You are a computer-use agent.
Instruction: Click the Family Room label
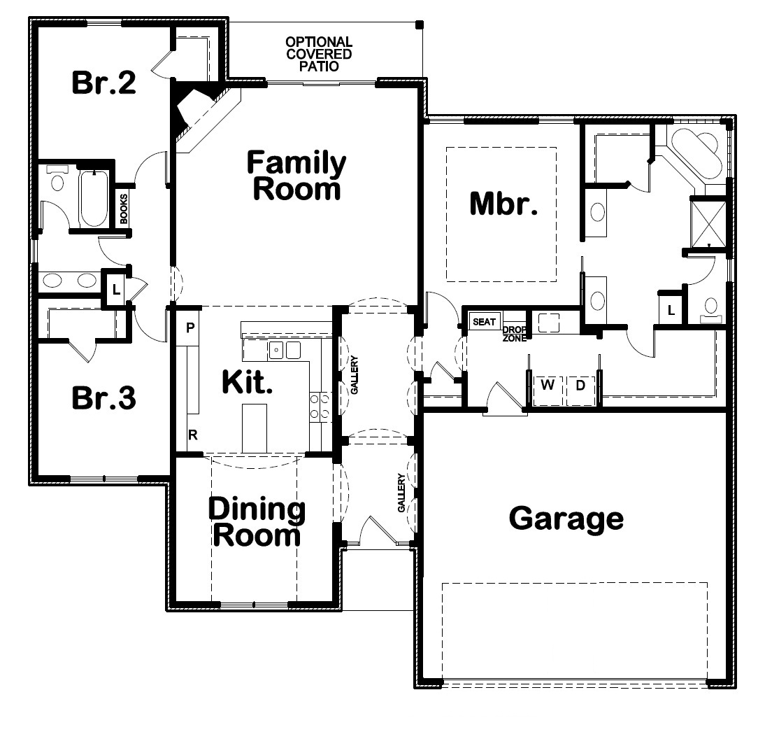tap(296, 175)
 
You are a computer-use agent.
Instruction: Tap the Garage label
tap(566, 519)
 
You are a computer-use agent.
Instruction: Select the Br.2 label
tap(104, 83)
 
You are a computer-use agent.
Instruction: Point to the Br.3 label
tap(104, 397)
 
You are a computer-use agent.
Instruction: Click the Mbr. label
tap(503, 203)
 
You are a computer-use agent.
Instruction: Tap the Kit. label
tap(247, 381)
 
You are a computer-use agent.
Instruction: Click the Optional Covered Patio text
tap(319, 54)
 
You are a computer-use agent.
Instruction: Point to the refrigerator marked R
tap(193, 435)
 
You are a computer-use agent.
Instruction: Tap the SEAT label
tap(484, 322)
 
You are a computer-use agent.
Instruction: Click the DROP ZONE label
tap(515, 334)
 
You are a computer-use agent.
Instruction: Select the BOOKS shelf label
tap(124, 209)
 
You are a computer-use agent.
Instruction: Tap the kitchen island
tap(255, 429)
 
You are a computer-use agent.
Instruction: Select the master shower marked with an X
tap(708, 224)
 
